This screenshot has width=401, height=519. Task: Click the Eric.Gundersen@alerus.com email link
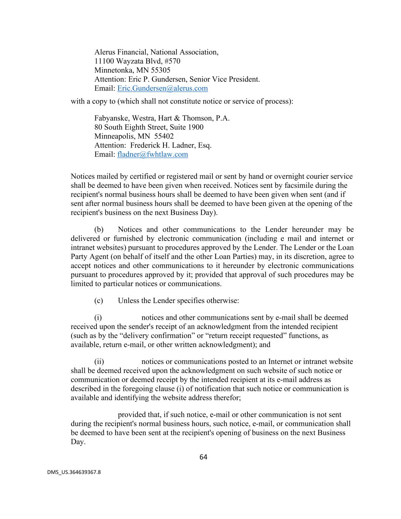pyautogui.click(x=162, y=89)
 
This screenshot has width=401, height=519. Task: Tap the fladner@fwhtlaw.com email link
pyautogui.click(x=152, y=154)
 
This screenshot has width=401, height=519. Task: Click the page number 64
pyautogui.click(x=203, y=457)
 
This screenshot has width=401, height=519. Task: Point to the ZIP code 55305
pyautogui.click(x=161, y=70)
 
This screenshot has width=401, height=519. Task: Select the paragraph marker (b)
pyautogui.click(x=99, y=230)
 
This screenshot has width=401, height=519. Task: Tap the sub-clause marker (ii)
pyautogui.click(x=99, y=362)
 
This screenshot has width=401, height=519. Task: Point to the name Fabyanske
pyautogui.click(x=111, y=118)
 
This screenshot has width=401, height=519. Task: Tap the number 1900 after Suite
pyautogui.click(x=196, y=127)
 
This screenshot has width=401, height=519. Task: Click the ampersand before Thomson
pyautogui.click(x=178, y=118)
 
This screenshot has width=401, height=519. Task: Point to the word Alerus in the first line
pyautogui.click(x=105, y=52)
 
